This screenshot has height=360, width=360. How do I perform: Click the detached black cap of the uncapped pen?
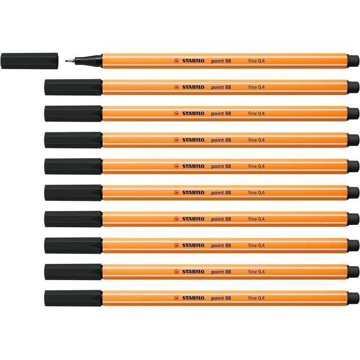coord(29,61)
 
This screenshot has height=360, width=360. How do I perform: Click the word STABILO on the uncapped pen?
coord(193,61)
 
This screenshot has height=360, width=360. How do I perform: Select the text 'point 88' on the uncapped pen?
coord(221,61)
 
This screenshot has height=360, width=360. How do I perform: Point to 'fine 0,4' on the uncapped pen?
coord(256,61)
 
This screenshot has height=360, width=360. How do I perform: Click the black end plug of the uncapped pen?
coord(353,61)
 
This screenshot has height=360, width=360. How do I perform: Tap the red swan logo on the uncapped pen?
coord(176,61)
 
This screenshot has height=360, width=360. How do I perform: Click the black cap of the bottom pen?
coord(73,298)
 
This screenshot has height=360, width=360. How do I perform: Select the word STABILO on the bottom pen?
coord(193,298)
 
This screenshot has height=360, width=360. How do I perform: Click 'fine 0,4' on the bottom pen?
coord(256,298)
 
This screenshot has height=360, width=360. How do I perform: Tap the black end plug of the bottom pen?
coord(353,298)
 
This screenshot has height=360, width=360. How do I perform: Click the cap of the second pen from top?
coord(73,87)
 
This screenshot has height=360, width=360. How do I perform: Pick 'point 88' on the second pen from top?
coord(221,87)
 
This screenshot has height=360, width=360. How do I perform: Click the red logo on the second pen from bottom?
coord(176,272)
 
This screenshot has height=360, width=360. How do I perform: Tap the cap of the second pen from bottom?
coord(73,272)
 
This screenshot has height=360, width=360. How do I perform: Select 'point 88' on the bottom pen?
coord(221,298)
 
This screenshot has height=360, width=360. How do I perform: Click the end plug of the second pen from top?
coord(353,88)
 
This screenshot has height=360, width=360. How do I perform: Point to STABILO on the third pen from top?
coord(193,114)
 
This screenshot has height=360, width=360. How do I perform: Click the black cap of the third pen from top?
coord(73,114)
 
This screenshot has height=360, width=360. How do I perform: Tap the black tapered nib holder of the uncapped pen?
coord(89,61)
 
